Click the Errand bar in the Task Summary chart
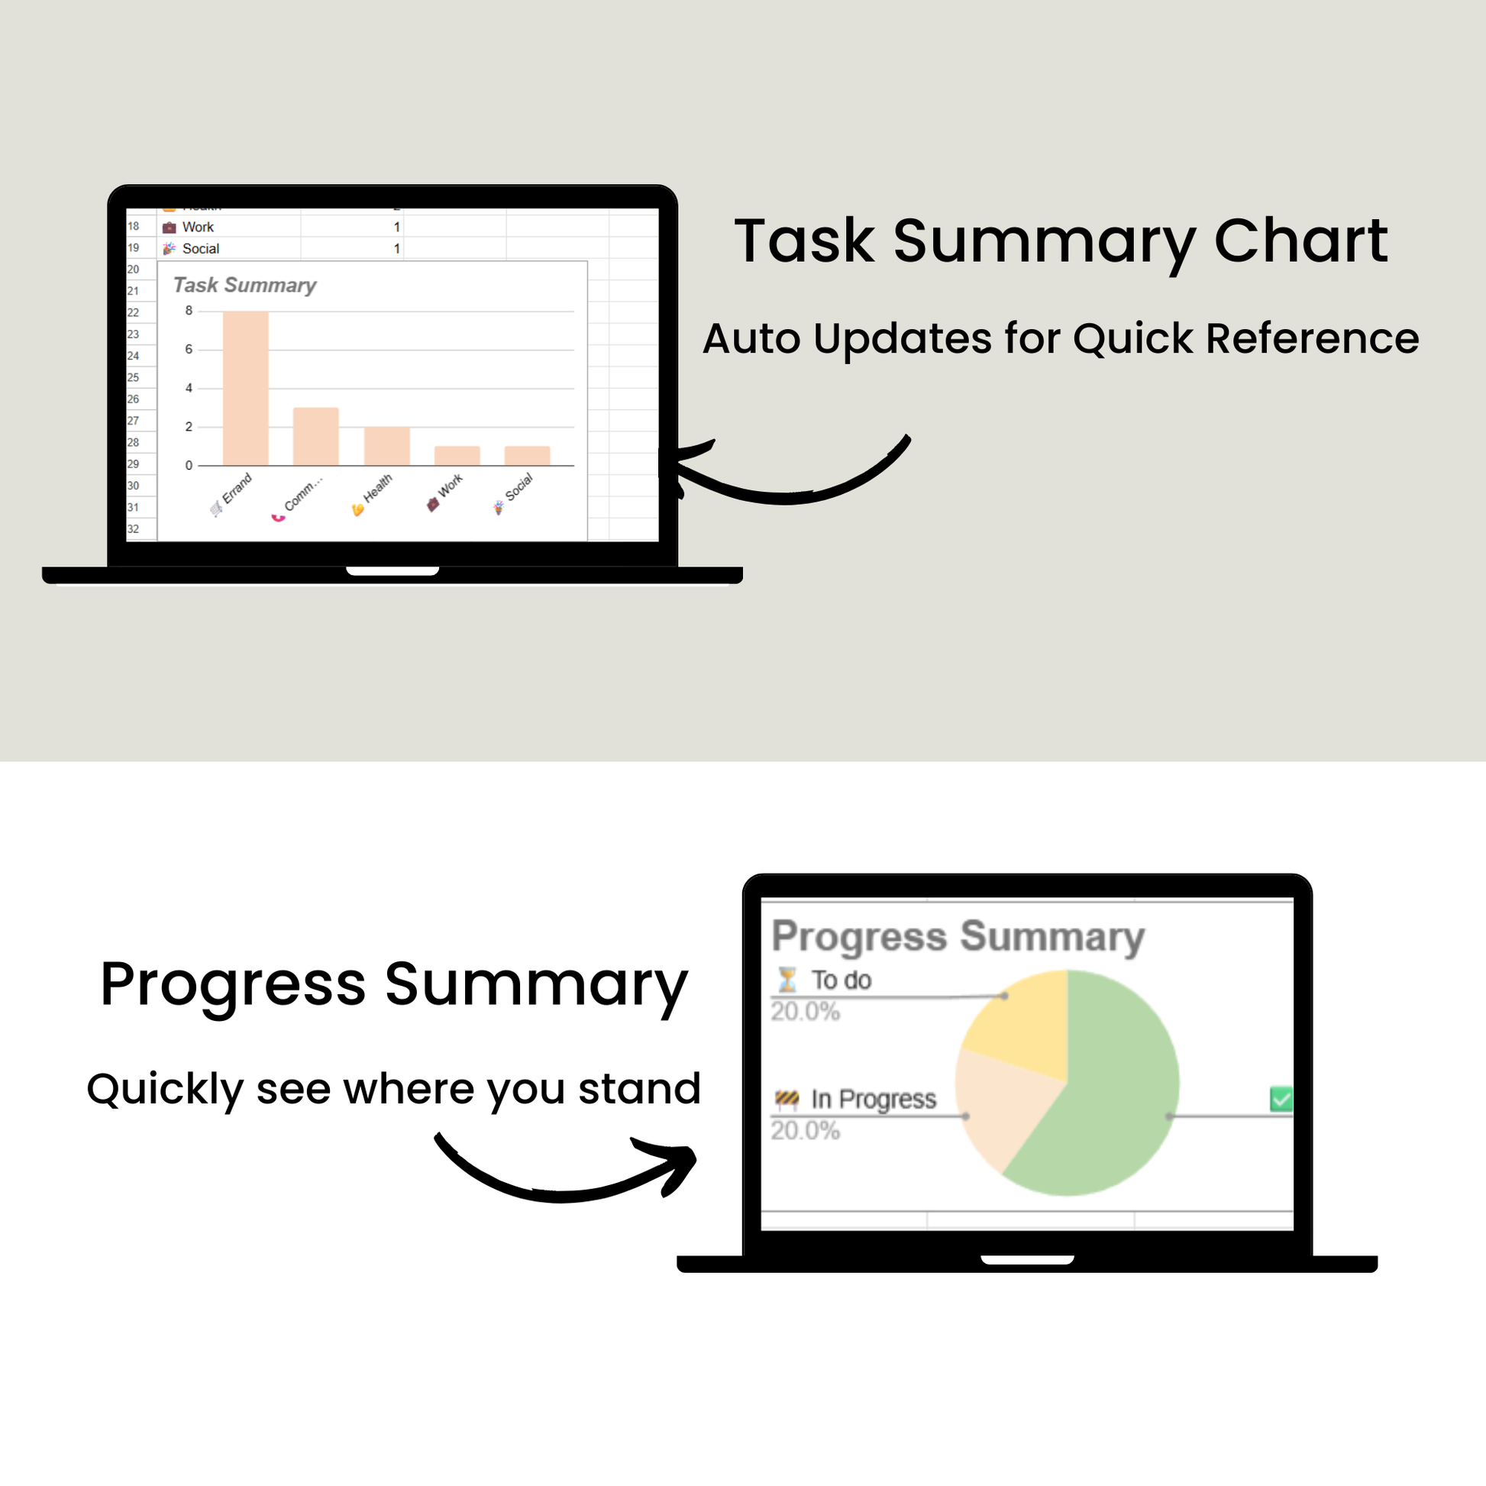(245, 388)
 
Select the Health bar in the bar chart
(387, 445)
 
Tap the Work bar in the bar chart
(457, 455)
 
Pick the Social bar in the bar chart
(527, 455)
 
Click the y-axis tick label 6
(189, 349)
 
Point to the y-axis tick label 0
(189, 465)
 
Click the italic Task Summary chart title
(244, 286)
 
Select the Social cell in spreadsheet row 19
(201, 248)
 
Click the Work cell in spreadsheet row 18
(198, 227)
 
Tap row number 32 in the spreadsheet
(133, 529)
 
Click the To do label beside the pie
(842, 980)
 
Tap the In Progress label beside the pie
(874, 1099)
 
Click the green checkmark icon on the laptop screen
(1281, 1098)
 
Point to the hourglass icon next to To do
(787, 980)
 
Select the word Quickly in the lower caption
(166, 1090)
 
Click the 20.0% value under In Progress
(806, 1131)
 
